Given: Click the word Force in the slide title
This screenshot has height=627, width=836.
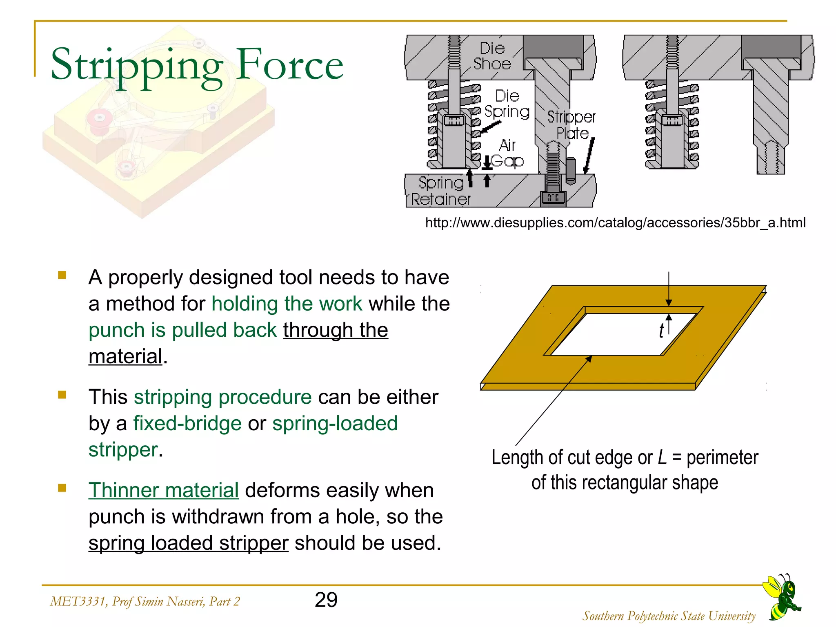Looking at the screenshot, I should pyautogui.click(x=290, y=64).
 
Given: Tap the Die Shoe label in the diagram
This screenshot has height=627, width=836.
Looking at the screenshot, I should pyautogui.click(x=492, y=56).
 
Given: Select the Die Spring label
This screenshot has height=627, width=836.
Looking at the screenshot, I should pyautogui.click(x=507, y=104).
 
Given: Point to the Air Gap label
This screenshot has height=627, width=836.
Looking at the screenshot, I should pyautogui.click(x=507, y=153).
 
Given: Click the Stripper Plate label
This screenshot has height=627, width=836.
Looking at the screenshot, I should pyautogui.click(x=571, y=125).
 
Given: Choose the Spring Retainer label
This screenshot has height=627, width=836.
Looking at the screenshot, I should pyautogui.click(x=440, y=191).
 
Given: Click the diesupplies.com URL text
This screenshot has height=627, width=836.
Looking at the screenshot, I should pyautogui.click(x=615, y=223).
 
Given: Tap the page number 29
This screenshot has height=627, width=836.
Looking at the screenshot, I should pyautogui.click(x=326, y=600).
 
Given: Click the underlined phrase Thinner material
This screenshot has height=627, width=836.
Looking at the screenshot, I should pyautogui.click(x=163, y=490).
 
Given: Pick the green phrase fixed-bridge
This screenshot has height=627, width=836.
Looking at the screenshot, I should pyautogui.click(x=187, y=423).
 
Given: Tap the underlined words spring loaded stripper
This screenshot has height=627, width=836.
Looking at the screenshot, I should pyautogui.click(x=188, y=543).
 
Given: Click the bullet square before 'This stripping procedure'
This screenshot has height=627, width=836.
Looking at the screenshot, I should pyautogui.click(x=62, y=395).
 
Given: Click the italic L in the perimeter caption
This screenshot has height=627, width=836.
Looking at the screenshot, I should pyautogui.click(x=662, y=458).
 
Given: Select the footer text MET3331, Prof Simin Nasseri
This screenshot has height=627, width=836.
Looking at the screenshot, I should pyautogui.click(x=145, y=601).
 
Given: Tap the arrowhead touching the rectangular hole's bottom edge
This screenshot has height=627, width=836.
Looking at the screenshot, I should pyautogui.click(x=589, y=359).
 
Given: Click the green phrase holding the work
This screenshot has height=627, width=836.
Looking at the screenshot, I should pyautogui.click(x=287, y=304).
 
